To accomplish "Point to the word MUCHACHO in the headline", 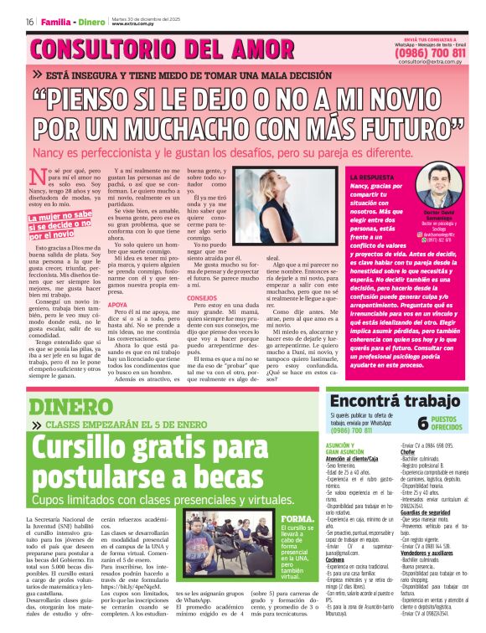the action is click(220, 129).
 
